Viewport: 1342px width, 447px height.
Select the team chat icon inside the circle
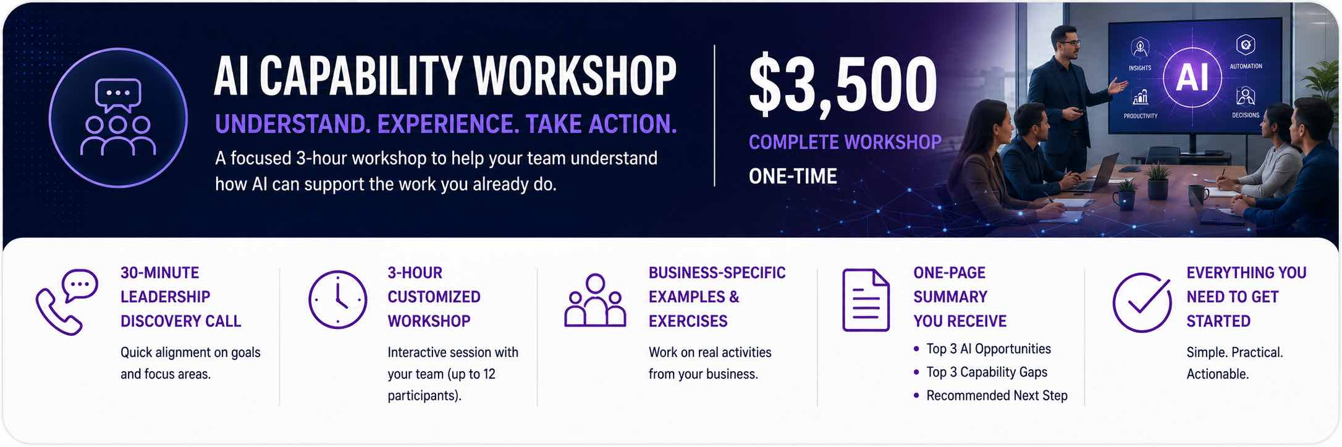[118, 117]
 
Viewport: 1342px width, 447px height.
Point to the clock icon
[337, 299]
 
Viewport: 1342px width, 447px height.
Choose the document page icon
[866, 300]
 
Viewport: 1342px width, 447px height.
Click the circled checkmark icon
[1142, 302]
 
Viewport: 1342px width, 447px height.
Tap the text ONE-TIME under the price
[793, 177]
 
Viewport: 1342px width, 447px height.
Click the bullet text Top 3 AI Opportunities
[989, 349]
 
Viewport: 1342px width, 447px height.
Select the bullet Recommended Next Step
[997, 396]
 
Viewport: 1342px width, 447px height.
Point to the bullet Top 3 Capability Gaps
[987, 372]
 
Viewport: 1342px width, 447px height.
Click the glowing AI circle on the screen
[1192, 78]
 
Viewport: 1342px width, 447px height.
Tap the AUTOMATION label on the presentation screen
[1246, 66]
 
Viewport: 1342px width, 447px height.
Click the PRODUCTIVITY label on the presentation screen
[1141, 116]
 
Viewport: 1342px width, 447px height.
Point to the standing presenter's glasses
[1068, 44]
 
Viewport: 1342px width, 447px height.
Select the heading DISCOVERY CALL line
[180, 321]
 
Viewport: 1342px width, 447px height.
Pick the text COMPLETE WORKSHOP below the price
[845, 143]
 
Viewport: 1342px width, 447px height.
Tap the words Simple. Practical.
[1234, 353]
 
